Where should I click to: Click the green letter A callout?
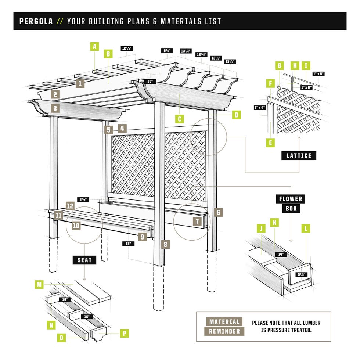click(x=95, y=46)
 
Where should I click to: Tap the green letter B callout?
click(x=108, y=54)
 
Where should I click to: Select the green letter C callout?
click(x=179, y=119)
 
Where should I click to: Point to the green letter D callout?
click(x=237, y=115)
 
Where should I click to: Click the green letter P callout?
click(x=125, y=333)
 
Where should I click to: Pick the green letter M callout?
click(x=39, y=284)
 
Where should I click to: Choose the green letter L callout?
click(x=306, y=228)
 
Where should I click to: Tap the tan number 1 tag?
click(x=80, y=83)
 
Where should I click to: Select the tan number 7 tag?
click(x=197, y=222)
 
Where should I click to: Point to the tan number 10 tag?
click(x=76, y=225)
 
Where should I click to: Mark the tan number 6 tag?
click(x=218, y=212)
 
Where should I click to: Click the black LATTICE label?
click(x=299, y=155)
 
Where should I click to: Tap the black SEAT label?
click(x=84, y=260)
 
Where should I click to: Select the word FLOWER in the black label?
click(x=291, y=199)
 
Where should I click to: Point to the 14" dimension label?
click(x=281, y=254)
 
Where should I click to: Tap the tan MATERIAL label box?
click(x=224, y=322)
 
